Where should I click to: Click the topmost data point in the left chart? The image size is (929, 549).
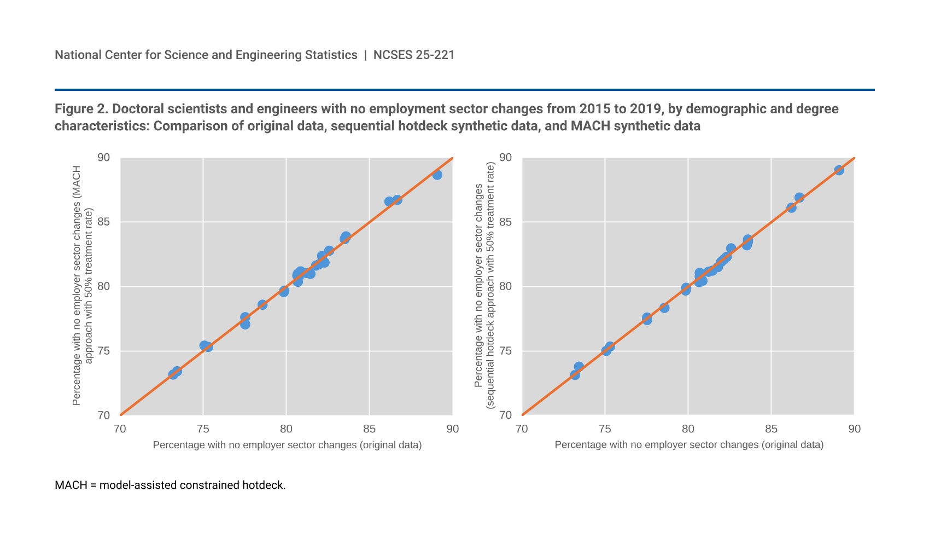[437, 175]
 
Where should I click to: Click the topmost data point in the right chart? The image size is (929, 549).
[839, 170]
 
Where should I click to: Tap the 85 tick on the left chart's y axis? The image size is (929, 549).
[104, 222]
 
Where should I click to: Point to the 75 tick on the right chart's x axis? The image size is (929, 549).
[605, 429]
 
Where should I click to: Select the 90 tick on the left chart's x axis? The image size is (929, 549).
[452, 429]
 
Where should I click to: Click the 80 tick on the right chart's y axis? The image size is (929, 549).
[506, 286]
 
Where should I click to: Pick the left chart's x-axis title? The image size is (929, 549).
[287, 445]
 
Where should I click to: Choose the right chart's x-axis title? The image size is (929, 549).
[689, 445]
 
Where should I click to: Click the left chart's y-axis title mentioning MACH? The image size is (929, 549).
[83, 286]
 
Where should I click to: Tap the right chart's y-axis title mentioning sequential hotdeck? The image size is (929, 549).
[484, 286]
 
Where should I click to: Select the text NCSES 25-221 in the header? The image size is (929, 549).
[414, 55]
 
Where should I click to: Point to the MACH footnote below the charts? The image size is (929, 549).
[170, 485]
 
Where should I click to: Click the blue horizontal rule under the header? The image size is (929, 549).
[464, 90]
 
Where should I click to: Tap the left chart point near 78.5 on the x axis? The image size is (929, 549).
[262, 304]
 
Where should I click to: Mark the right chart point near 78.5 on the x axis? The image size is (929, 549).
[664, 308]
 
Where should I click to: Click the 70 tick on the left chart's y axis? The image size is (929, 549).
[104, 415]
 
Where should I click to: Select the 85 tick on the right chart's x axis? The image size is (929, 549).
[771, 429]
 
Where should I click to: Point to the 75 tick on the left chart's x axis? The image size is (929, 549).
[203, 429]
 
